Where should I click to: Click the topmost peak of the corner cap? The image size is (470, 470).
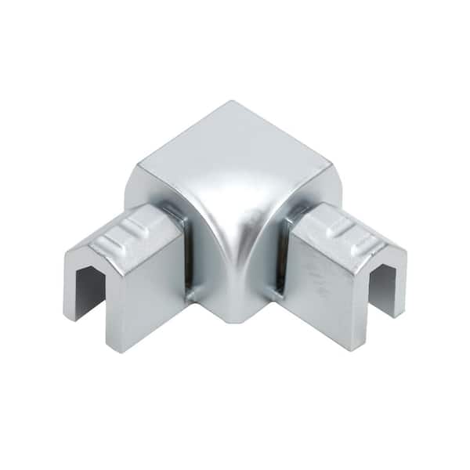pyautogui.click(x=230, y=103)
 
